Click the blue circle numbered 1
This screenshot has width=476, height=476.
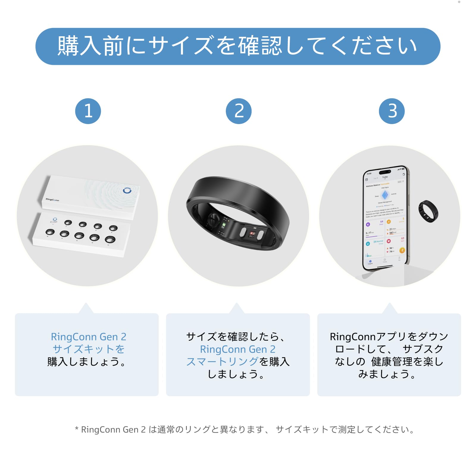(x=88, y=111)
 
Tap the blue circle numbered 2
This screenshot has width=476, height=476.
(x=239, y=111)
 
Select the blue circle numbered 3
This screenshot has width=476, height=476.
(x=392, y=111)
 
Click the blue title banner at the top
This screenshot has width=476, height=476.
(x=238, y=46)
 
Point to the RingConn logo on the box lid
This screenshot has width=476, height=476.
(x=52, y=200)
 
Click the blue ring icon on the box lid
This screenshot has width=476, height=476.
(x=127, y=190)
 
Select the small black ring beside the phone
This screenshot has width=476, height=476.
(x=428, y=211)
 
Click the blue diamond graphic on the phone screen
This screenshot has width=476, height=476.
(x=385, y=195)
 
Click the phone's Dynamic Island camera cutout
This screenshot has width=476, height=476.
(x=385, y=172)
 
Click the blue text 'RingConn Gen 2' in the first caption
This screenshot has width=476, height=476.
(x=88, y=337)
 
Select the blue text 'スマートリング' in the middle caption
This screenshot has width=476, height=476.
(x=222, y=361)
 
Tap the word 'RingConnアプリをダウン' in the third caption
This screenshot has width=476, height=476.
(x=389, y=337)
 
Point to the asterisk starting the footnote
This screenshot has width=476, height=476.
(x=77, y=429)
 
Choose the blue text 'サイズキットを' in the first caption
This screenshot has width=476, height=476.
(x=88, y=349)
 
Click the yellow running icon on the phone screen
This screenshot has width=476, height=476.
(x=402, y=250)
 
